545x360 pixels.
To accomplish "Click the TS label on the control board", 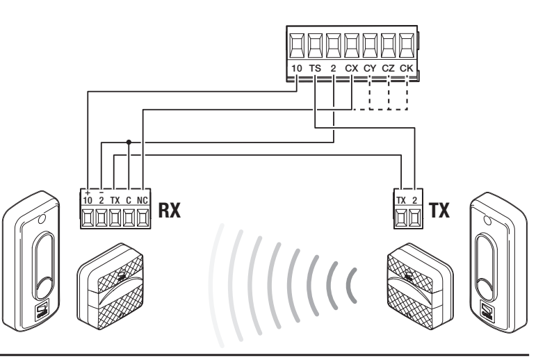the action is pyautogui.click(x=315, y=68).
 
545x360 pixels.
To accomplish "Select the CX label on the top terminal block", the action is pyautogui.click(x=352, y=68).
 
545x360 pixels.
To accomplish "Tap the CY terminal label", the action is pyautogui.click(x=370, y=68).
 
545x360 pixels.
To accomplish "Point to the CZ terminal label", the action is pyautogui.click(x=388, y=68).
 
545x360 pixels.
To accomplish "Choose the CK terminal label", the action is pyautogui.click(x=406, y=68).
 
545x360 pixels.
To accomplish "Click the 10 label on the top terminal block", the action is pyautogui.click(x=296, y=68).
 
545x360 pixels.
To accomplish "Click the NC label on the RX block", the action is pyautogui.click(x=143, y=200).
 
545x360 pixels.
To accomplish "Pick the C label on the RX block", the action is pyautogui.click(x=129, y=200).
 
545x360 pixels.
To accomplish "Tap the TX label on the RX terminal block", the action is pyautogui.click(x=115, y=200).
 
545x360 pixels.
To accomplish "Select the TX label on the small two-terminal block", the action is pyautogui.click(x=401, y=200).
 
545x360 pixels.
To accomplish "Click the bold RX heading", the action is pyautogui.click(x=170, y=210).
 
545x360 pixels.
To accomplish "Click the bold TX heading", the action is pyautogui.click(x=439, y=210).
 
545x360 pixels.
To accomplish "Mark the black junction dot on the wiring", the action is pyautogui.click(x=129, y=142).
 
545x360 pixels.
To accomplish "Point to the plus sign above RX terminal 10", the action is pyautogui.click(x=88, y=192).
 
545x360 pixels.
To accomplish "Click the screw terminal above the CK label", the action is pyautogui.click(x=406, y=46).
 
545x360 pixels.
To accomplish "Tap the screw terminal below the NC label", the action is pyautogui.click(x=143, y=218).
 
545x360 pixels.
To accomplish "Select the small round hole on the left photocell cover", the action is pyautogui.click(x=41, y=219).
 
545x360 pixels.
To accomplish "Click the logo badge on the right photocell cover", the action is pyautogui.click(x=487, y=310).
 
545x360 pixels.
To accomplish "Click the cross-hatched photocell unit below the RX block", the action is pyautogui.click(x=110, y=286).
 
